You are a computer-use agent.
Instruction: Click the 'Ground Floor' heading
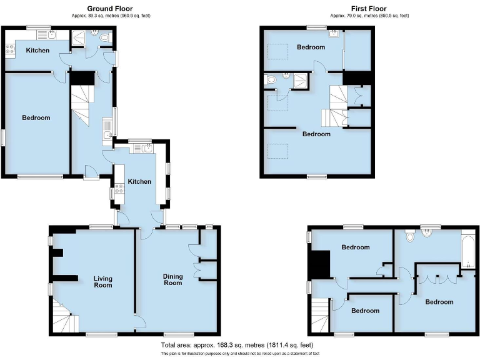click(x=111, y=9)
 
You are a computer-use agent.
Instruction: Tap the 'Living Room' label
click(x=103, y=281)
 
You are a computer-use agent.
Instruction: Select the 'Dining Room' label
click(x=173, y=279)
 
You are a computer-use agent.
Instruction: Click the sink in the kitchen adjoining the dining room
click(x=146, y=148)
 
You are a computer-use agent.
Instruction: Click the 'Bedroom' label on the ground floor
click(x=36, y=117)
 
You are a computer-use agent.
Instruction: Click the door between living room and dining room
click(x=140, y=321)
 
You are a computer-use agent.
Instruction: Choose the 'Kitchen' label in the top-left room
click(x=37, y=50)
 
